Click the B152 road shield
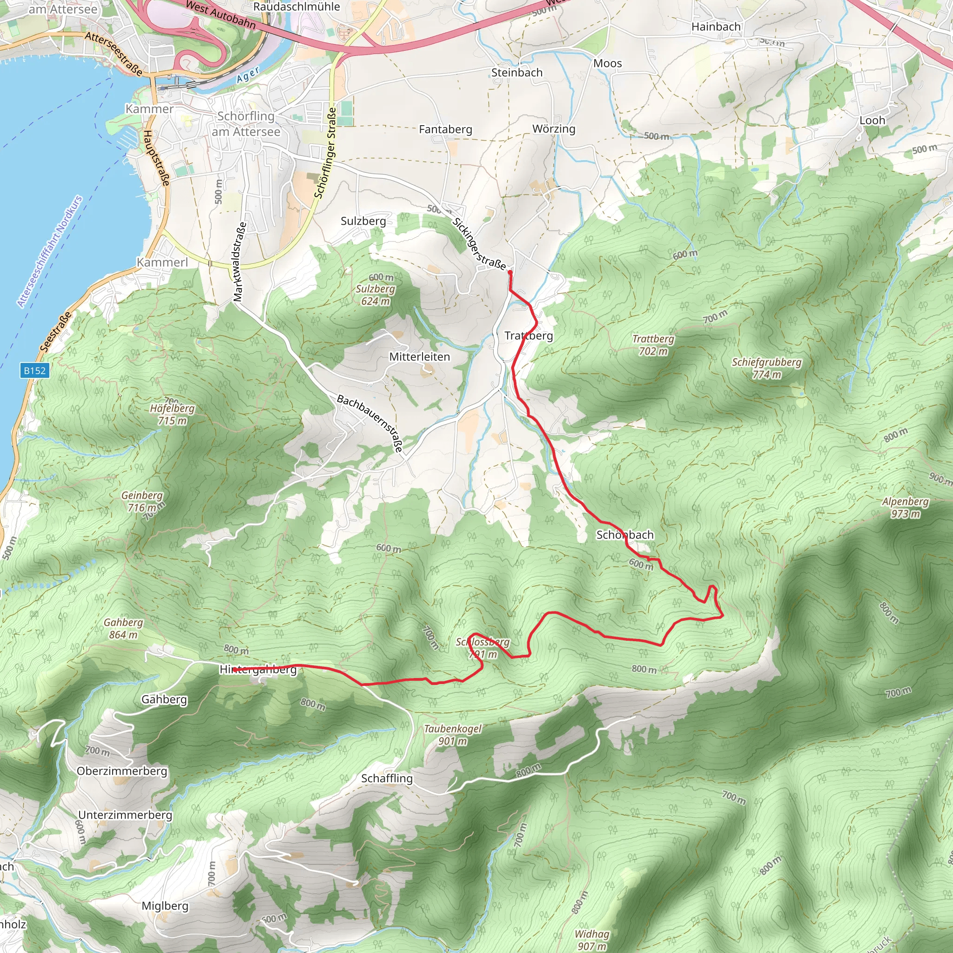coord(34,370)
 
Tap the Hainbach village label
coord(716,27)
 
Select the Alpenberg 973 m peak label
coord(905,508)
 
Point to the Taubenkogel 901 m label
coord(452,735)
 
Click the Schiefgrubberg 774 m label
coord(766,368)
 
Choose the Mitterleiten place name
coord(419,356)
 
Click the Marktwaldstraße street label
coord(239,262)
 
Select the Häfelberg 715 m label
coord(172,414)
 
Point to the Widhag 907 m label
coord(591,940)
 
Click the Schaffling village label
coord(387,779)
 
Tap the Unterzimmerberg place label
coord(125,815)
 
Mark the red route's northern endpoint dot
coord(510,272)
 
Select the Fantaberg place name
coord(445,129)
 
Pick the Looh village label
coord(872,121)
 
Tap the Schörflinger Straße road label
coord(326,153)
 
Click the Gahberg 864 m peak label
coord(123,628)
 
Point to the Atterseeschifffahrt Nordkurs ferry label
coord(49,252)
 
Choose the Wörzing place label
coord(553,129)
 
